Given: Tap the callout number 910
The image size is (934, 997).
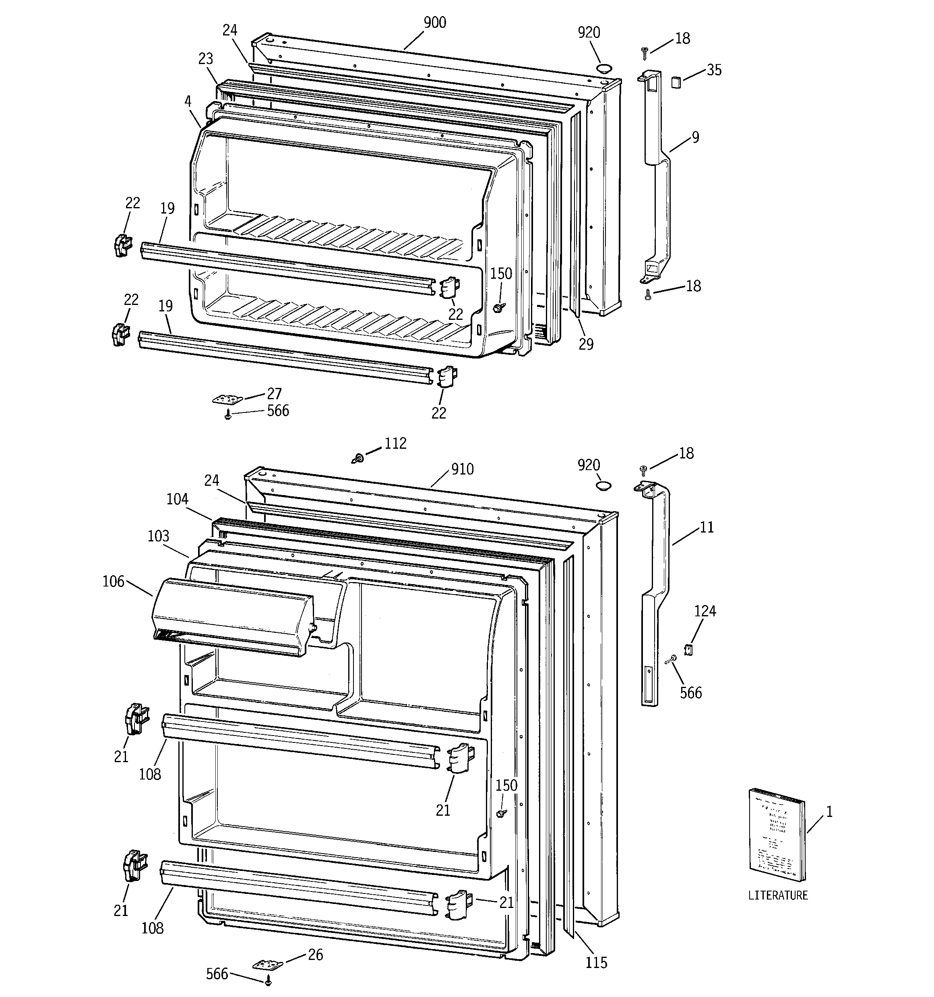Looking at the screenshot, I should (462, 469).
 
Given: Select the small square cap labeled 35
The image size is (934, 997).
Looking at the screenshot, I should (676, 82).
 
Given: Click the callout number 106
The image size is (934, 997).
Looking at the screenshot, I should (113, 581).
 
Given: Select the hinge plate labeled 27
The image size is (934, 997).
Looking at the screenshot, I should (227, 399).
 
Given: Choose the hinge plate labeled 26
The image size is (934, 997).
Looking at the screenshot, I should (268, 964).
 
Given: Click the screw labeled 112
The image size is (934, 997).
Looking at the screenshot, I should (358, 458).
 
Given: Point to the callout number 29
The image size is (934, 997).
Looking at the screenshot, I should (586, 344).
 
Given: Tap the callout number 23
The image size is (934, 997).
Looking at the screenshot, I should (206, 59).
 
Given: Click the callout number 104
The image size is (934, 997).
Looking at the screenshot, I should (177, 499).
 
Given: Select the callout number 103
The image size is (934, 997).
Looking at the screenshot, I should (159, 536).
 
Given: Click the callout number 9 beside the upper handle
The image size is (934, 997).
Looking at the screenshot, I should (695, 137).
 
